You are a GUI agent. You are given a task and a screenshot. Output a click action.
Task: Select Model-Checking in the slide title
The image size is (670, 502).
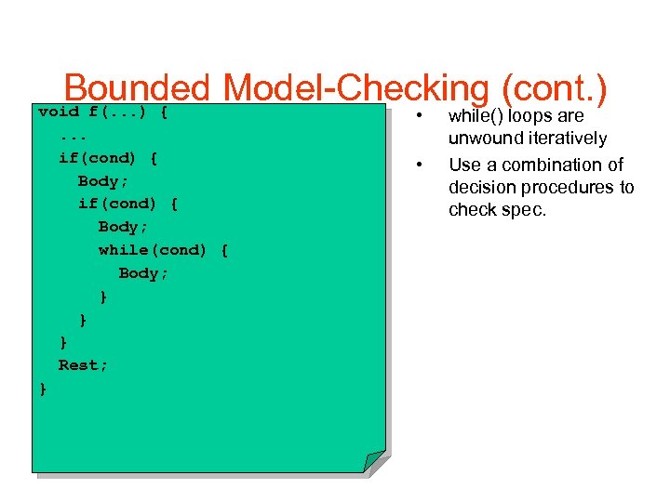tap(357, 89)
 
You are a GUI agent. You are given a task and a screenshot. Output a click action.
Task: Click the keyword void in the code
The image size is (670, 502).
tap(59, 112)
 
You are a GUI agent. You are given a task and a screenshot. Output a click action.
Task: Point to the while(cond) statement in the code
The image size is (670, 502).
tap(153, 250)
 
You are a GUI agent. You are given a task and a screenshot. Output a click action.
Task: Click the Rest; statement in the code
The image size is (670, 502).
tap(83, 365)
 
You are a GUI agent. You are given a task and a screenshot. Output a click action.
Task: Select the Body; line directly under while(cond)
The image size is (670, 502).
tap(143, 273)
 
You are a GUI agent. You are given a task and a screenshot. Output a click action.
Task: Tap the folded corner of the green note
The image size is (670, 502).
tap(373, 461)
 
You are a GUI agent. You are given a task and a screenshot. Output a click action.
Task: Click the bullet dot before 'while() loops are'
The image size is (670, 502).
tap(421, 117)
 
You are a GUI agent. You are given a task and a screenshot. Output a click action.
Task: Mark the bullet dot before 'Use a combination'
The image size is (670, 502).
tap(421, 165)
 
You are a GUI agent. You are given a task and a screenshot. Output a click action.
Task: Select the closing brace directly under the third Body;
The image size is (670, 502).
tap(103, 297)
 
